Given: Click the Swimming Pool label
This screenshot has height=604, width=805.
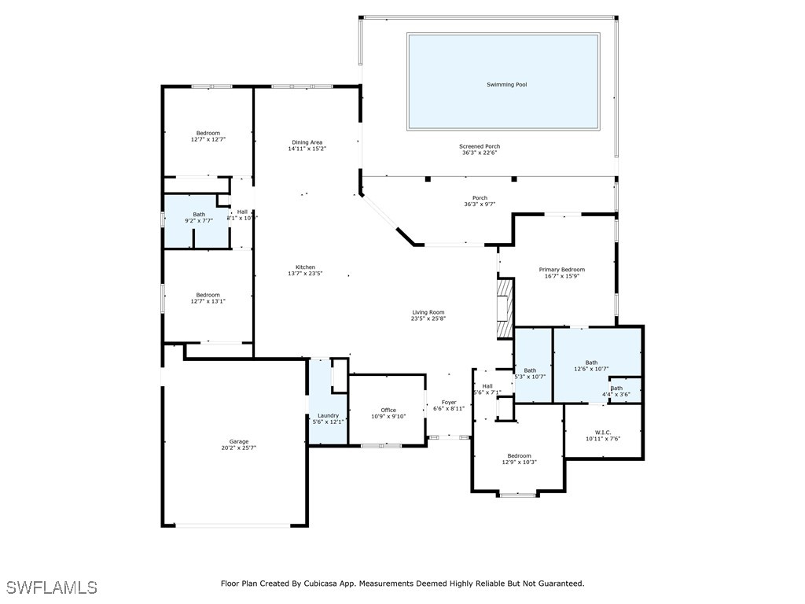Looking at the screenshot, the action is pos(507,85).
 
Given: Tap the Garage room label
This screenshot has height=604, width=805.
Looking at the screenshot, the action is pos(239,442).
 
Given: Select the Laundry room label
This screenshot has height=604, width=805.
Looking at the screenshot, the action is pos(328,415).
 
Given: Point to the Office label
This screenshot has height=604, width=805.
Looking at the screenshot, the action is pos(388,410).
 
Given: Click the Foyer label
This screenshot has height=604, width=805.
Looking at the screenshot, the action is pos(449,403).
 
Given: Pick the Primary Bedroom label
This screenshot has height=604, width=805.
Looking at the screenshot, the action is pos(561,270).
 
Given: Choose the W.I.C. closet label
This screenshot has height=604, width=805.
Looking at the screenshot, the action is pos(603,433).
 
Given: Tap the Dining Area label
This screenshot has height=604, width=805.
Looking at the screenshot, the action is pos(307,142).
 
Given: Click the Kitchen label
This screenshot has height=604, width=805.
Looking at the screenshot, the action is pos(305,267).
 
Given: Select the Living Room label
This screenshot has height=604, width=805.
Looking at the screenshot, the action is pos(428,312).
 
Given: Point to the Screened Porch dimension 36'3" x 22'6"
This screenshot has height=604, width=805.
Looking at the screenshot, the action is pos(480,153).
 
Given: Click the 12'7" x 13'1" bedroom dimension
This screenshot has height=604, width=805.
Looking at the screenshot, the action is pos(208,301).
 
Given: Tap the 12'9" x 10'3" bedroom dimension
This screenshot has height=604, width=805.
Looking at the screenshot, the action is pos(519,462).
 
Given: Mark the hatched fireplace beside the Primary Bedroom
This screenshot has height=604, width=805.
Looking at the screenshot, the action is pos(505,308).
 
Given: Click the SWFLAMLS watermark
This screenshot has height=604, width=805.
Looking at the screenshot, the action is pos(52,587).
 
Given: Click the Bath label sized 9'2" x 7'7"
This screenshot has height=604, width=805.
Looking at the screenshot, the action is pos(199,215).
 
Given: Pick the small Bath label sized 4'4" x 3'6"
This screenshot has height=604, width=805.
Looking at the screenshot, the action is pos(616,389).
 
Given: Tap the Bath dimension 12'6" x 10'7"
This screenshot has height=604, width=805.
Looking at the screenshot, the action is pos(591,369).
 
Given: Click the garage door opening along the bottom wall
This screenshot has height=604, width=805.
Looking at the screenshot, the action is pos(233,525).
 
